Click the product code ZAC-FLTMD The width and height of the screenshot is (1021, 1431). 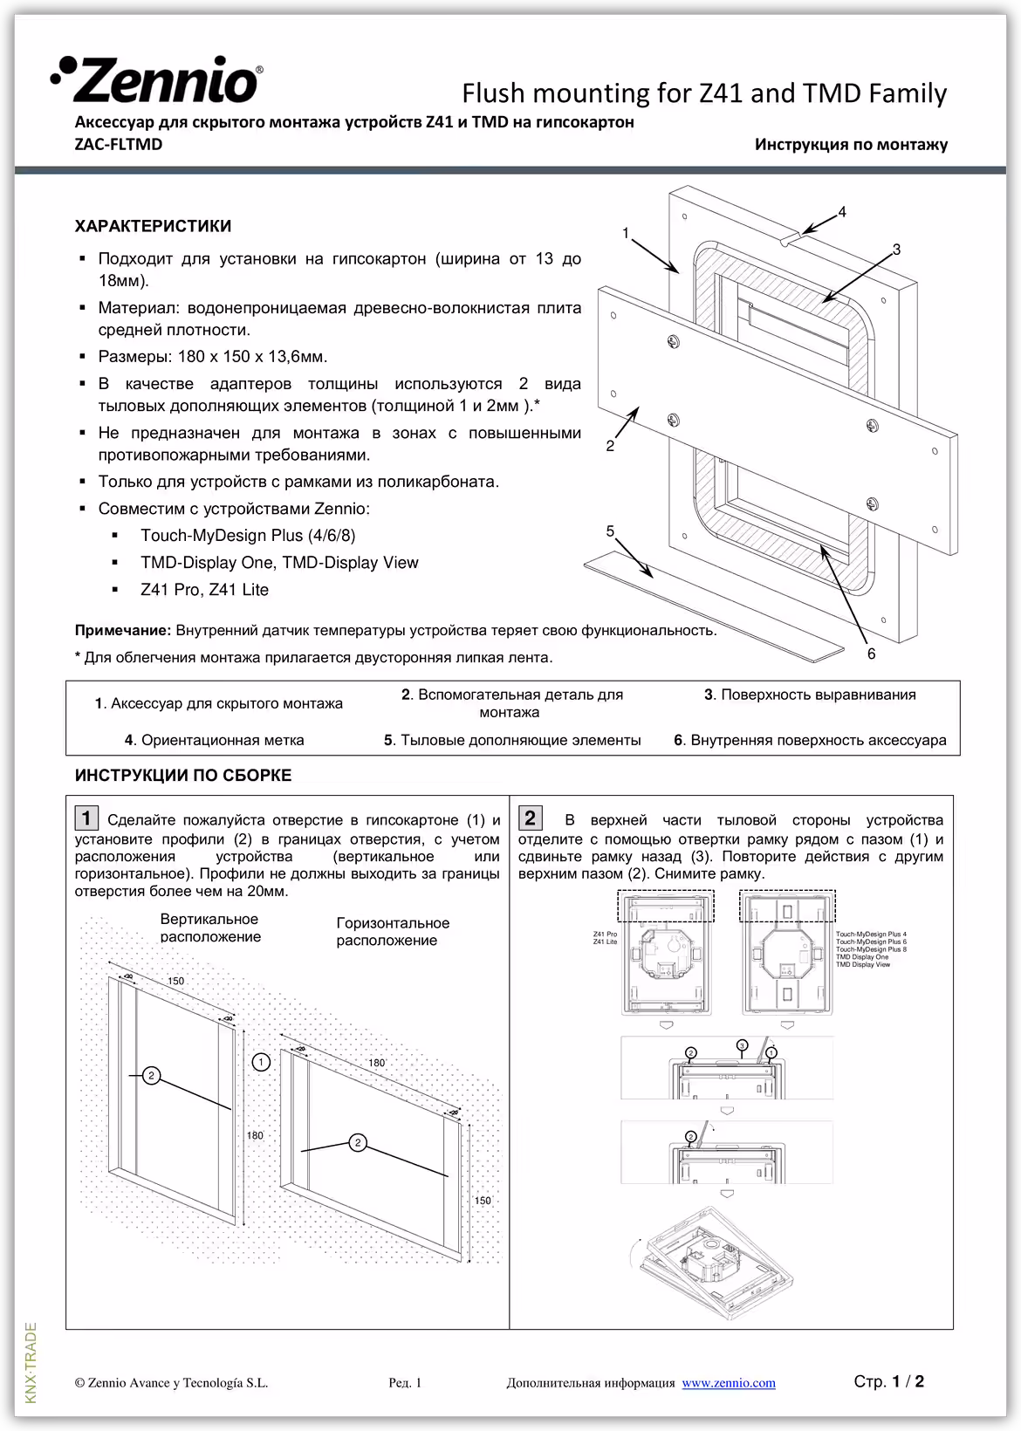[x=119, y=145]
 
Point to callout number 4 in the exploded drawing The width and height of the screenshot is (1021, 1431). [x=841, y=212]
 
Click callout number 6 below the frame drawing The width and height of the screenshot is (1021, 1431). [x=871, y=654]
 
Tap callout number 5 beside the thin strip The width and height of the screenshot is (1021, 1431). [x=610, y=531]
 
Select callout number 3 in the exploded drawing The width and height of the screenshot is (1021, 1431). [x=896, y=250]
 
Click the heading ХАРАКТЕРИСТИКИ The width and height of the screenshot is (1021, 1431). [x=154, y=227]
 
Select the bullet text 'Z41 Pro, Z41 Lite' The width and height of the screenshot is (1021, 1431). [x=204, y=590]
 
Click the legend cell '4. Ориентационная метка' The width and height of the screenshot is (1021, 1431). [x=214, y=740]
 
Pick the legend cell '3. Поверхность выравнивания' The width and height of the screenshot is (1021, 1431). [x=810, y=695]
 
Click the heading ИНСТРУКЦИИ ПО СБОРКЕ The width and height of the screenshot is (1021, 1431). [x=183, y=776]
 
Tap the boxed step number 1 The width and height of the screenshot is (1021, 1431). [x=86, y=818]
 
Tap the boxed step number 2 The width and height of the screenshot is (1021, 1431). [x=530, y=818]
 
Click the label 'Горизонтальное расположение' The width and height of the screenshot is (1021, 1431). [x=393, y=932]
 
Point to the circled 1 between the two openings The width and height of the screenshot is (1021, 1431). [x=260, y=1062]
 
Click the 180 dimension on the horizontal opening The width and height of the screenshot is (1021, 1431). [x=376, y=1063]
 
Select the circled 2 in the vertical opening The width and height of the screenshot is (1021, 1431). [x=151, y=1075]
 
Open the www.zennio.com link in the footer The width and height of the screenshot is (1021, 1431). [x=728, y=1383]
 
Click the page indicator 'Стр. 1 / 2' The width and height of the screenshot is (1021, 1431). [x=888, y=1381]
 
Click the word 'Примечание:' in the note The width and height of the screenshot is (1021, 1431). [x=123, y=631]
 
